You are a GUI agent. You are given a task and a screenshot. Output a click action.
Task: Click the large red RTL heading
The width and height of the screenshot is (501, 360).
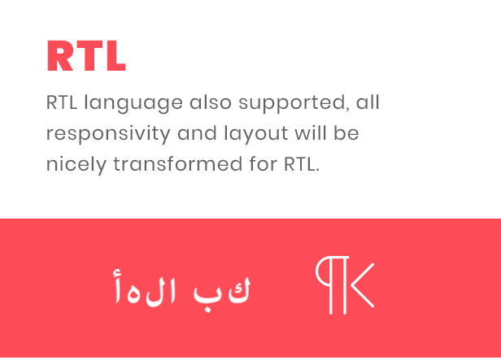coord(86,56)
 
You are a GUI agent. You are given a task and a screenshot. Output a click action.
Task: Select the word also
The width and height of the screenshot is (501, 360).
coord(211,102)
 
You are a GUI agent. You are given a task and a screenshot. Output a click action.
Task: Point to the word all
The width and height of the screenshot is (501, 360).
coord(368,102)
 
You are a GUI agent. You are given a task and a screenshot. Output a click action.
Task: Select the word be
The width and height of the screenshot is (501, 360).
coord(346,132)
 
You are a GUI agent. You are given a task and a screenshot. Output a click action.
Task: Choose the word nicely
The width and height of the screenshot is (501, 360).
coord(76,165)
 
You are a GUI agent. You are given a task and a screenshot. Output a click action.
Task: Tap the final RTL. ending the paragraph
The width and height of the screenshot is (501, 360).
coord(302,164)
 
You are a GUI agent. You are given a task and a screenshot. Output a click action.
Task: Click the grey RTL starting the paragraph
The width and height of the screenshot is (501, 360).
coord(62,102)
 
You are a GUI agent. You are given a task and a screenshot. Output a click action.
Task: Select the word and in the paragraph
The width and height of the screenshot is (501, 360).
coord(197,132)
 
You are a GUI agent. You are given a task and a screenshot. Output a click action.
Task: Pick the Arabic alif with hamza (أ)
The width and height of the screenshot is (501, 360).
coord(118,286)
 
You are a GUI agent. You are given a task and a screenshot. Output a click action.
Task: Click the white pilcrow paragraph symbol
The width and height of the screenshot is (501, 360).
coord(331,284)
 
